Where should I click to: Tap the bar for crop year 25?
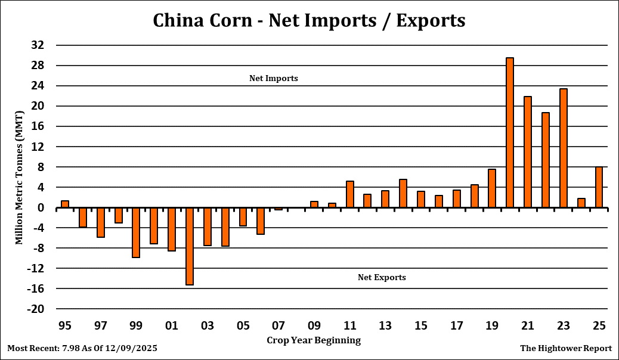click(599, 187)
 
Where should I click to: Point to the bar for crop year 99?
click(136, 232)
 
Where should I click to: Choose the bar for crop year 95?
click(65, 204)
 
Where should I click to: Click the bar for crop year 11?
click(350, 194)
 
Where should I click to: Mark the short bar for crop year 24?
click(581, 203)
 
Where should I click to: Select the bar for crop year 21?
click(528, 152)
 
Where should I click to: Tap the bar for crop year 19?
click(492, 188)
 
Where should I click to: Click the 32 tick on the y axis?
click(37, 45)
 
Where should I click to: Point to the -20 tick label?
click(35, 309)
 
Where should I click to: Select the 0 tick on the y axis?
click(41, 208)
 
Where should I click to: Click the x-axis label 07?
click(278, 326)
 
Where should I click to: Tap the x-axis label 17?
click(456, 326)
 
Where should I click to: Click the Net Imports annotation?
click(274, 78)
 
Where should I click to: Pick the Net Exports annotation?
click(382, 277)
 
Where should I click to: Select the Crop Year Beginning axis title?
click(313, 340)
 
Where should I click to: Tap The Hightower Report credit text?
click(566, 347)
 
